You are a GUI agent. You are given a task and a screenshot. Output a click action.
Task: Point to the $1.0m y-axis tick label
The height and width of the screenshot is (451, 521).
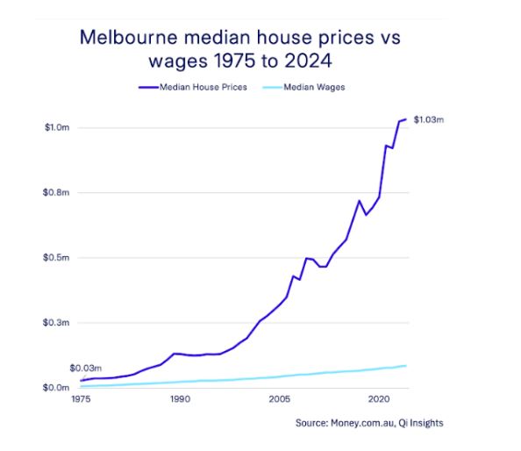coord(56,128)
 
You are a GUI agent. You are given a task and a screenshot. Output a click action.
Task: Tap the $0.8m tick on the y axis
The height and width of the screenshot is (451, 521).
coord(56,193)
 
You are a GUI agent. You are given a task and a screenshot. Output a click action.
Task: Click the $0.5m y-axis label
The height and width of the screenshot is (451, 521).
coord(56,258)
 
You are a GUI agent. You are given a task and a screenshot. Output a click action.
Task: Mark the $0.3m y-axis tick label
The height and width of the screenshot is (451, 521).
coord(56,323)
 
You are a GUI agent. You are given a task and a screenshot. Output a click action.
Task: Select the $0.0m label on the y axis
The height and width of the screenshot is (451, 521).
coord(56,388)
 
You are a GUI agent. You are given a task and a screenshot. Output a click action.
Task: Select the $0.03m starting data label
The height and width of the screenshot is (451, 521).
coord(86,368)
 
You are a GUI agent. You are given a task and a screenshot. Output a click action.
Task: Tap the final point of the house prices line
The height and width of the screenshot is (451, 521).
coord(406,118)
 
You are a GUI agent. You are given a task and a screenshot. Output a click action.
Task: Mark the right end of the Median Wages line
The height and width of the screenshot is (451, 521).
coord(406,365)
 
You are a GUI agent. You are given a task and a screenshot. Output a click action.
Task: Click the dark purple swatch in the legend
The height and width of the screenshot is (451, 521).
coord(146,88)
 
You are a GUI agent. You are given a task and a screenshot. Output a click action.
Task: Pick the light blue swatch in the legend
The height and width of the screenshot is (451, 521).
coord(268,88)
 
